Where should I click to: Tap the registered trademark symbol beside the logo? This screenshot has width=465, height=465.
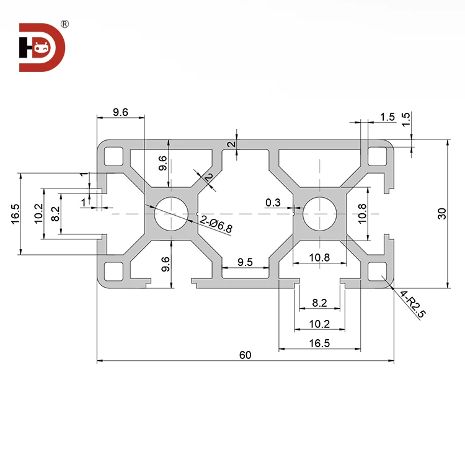[65, 24]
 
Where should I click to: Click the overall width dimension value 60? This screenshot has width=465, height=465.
[245, 355]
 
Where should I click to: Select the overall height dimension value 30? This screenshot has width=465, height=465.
[441, 213]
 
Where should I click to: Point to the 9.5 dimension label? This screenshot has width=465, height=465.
[245, 262]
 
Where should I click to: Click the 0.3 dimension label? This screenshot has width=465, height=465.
[272, 202]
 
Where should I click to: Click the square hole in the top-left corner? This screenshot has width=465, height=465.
[113, 155]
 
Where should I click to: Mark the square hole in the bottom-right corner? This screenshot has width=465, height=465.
[376, 271]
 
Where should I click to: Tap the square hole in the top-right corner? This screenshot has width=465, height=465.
[376, 155]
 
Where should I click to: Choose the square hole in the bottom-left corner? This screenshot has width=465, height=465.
[113, 271]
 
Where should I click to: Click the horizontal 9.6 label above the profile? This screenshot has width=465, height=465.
[120, 112]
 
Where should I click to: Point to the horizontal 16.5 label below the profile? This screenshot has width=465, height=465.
[319, 343]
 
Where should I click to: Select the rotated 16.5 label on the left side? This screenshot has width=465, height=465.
[15, 213]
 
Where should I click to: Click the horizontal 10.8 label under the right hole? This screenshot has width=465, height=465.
[319, 257]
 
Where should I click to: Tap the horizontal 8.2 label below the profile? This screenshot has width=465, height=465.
[319, 303]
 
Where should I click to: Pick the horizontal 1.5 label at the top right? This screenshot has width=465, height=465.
[387, 117]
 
